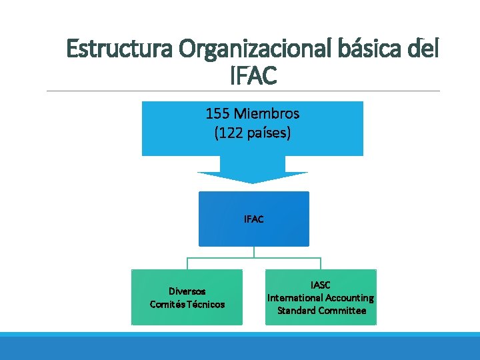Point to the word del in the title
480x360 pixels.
click(423, 49)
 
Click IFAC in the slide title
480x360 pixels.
click(253, 75)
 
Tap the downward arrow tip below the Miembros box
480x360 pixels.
click(253, 179)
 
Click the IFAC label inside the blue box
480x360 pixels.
click(253, 219)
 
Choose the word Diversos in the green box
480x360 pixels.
click(187, 291)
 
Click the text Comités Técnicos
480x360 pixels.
click(187, 304)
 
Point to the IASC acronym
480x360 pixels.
click(321, 285)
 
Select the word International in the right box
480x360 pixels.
click(295, 298)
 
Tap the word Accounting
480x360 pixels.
click(349, 298)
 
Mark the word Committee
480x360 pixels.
click(344, 311)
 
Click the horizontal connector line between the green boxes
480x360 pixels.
click(253, 258)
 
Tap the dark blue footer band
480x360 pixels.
click(240, 349)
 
